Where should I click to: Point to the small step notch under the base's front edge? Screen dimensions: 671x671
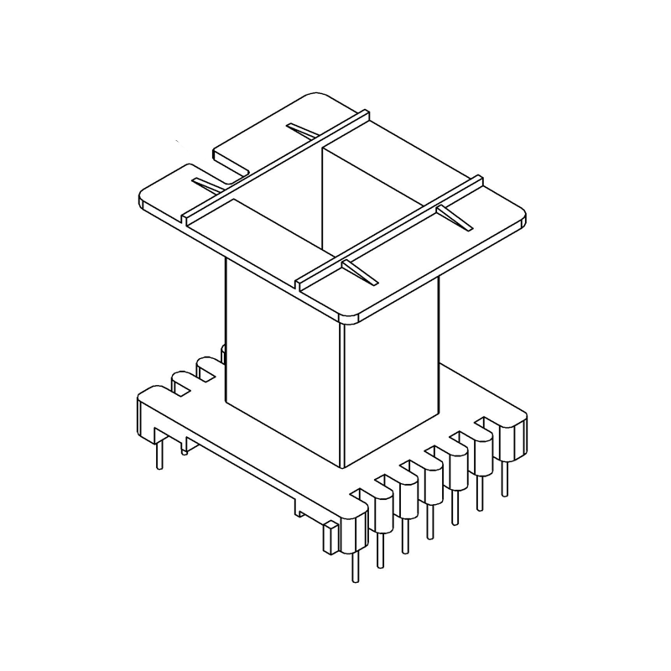click(300, 508)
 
